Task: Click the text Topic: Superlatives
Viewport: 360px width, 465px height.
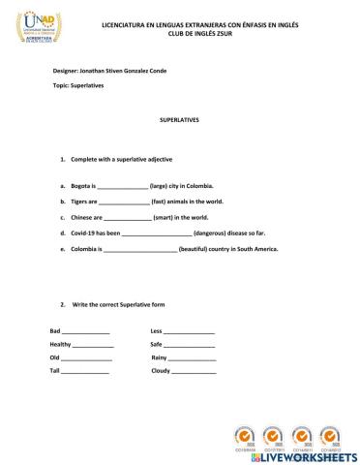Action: coord(79,86)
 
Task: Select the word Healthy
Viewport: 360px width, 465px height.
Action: coord(61,345)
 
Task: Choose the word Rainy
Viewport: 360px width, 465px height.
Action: coord(160,357)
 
